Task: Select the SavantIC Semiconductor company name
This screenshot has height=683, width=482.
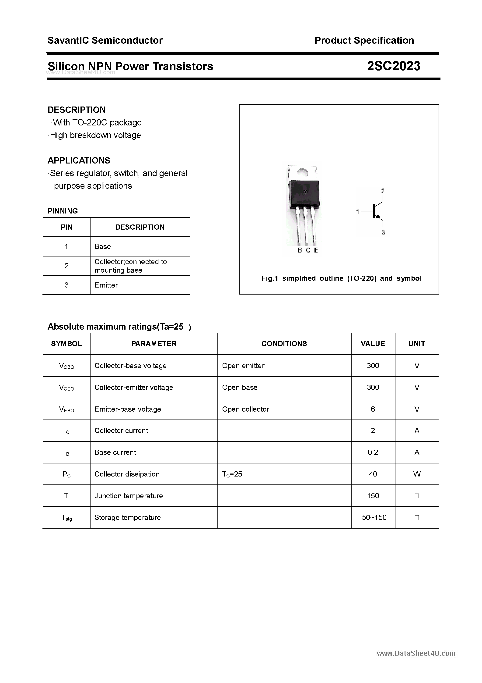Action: [105, 40]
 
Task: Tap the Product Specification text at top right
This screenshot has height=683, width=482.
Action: [364, 40]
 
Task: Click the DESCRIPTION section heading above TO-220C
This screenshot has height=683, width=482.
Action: [77, 110]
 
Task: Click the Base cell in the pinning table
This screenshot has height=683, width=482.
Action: [102, 247]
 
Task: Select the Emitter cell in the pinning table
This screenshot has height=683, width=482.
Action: [106, 285]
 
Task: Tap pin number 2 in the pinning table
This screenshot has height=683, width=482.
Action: [66, 266]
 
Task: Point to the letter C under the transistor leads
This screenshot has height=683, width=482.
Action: [308, 250]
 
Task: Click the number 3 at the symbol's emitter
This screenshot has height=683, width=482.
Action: [383, 233]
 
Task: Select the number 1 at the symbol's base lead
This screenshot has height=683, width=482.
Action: [358, 211]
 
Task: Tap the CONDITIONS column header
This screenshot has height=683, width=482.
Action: [284, 344]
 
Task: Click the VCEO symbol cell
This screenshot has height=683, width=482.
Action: [66, 388]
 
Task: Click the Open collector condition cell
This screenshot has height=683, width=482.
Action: [245, 409]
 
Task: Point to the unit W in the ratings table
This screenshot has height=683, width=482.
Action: [417, 474]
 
